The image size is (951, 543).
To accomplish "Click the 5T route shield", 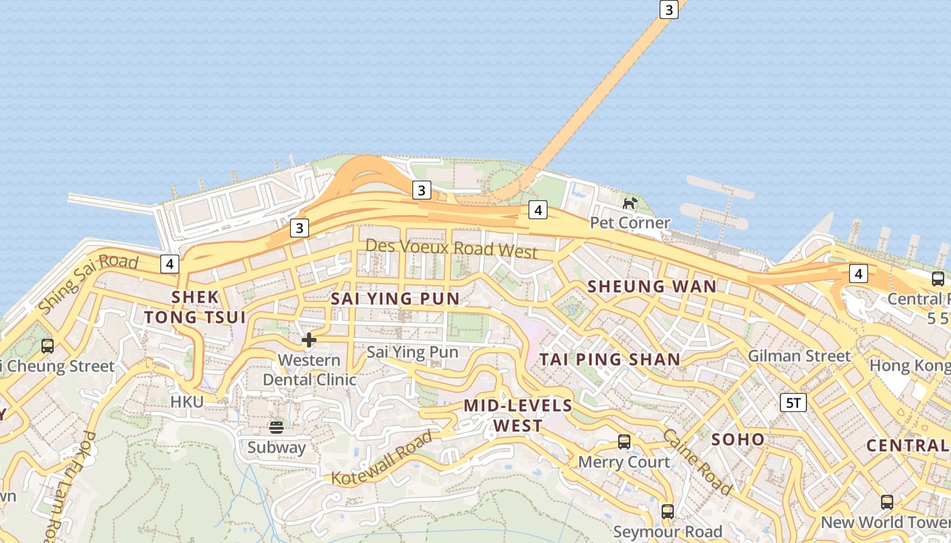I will (x=793, y=402).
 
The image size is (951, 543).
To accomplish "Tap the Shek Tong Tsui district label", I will (x=196, y=307).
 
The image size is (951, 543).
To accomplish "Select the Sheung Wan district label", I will (x=652, y=286).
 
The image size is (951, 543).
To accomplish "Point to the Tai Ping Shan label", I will (x=610, y=360).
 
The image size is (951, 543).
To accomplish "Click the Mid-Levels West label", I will (x=518, y=415).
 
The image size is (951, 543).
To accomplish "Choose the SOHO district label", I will (x=738, y=439).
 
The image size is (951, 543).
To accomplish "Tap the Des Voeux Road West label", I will (x=452, y=248).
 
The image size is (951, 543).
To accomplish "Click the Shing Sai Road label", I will (x=88, y=282).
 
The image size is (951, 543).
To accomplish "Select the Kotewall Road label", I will (x=382, y=458).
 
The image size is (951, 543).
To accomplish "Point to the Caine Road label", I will (x=697, y=462).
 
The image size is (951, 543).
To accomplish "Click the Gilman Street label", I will (x=799, y=356).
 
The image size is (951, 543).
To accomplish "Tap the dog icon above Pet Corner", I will (x=630, y=203).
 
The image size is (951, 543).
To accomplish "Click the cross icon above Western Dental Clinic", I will (x=309, y=339).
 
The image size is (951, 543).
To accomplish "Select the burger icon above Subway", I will (x=276, y=427).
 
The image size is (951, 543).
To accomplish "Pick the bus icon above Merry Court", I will (x=624, y=442).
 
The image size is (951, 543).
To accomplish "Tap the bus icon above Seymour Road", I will (x=668, y=511).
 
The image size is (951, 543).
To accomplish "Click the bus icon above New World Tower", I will (x=887, y=502).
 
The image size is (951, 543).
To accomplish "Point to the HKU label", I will (x=187, y=402).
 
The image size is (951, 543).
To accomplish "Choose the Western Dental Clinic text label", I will (x=309, y=370).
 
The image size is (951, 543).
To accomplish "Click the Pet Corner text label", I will (x=630, y=223).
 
